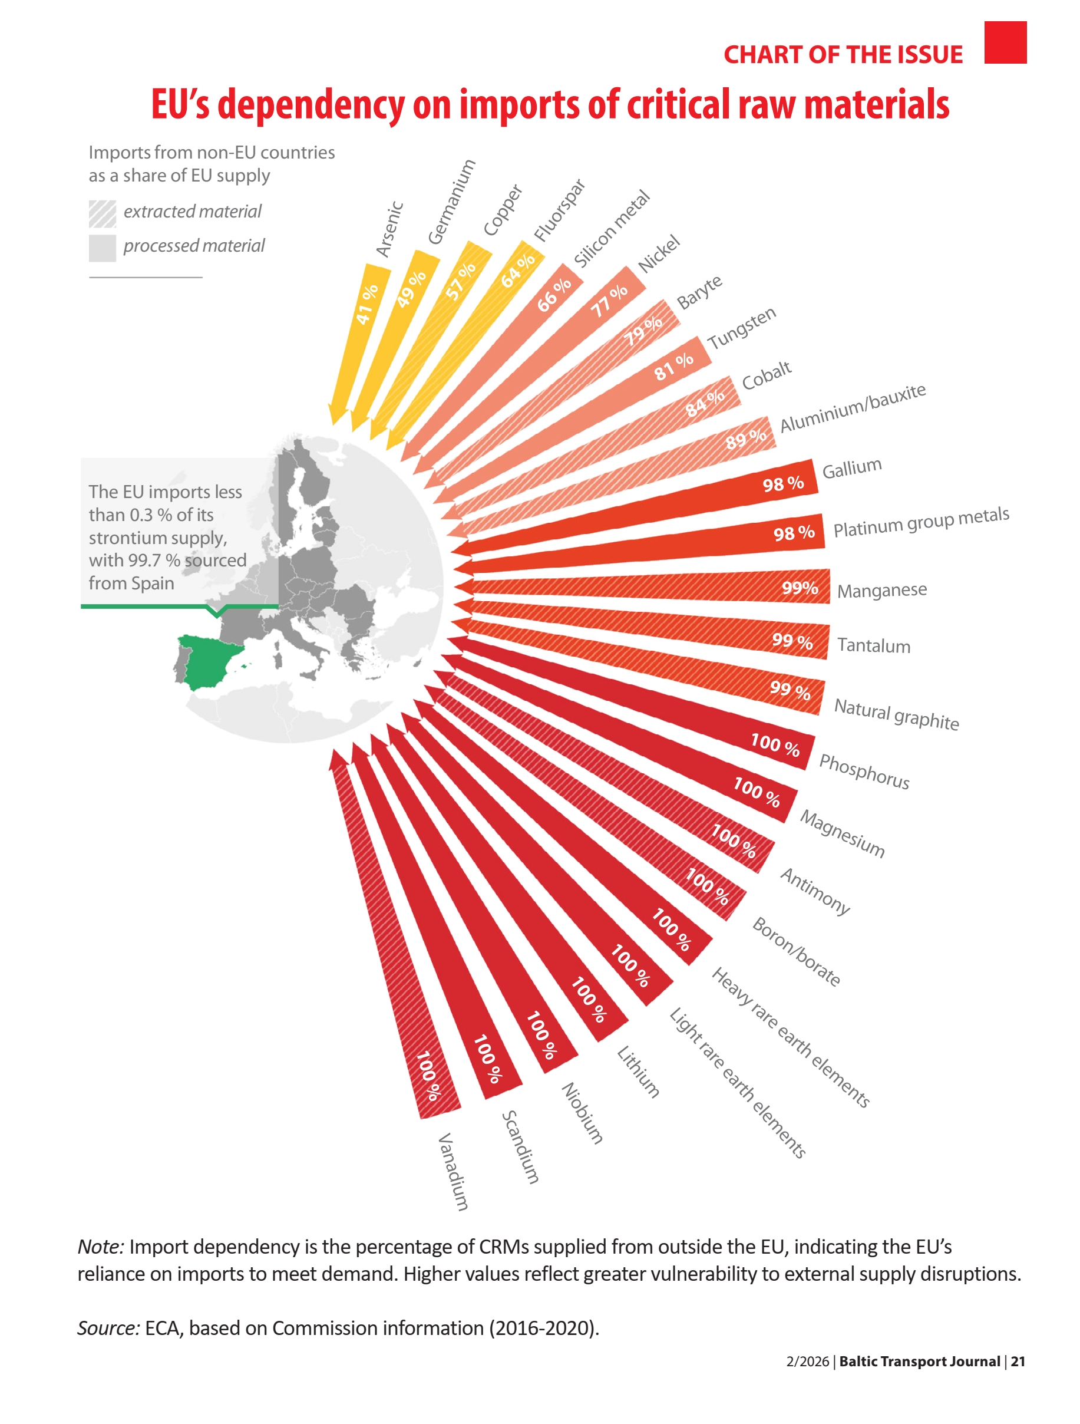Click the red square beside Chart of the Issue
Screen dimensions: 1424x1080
(x=1005, y=42)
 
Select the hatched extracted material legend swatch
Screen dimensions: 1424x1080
(x=103, y=214)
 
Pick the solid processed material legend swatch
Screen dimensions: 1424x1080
(x=103, y=248)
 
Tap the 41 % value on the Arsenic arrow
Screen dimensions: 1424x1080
(x=367, y=304)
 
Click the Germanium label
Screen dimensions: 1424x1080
(x=451, y=202)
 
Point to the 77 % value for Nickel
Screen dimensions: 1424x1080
(x=609, y=301)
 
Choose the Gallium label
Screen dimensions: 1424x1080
(x=851, y=468)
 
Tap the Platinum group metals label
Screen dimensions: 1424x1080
(x=921, y=522)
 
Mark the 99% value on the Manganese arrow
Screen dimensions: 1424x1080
(x=800, y=588)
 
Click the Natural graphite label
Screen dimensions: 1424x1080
(x=896, y=714)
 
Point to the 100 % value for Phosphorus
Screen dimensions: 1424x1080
(x=775, y=744)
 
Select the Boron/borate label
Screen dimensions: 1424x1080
(x=796, y=952)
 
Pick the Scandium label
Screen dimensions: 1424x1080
(x=520, y=1146)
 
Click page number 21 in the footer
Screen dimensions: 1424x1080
(x=1018, y=1361)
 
